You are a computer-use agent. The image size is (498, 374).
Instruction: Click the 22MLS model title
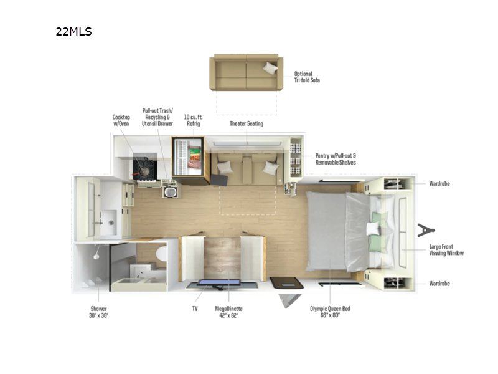coord(73,31)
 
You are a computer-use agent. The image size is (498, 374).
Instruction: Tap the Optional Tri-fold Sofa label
coord(308,77)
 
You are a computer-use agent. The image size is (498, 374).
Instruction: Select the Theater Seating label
coord(247,123)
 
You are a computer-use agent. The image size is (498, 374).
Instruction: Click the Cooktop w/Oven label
coord(121,120)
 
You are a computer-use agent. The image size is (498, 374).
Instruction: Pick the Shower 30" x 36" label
coord(99,312)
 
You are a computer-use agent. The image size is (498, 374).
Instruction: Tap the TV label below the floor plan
coord(194,309)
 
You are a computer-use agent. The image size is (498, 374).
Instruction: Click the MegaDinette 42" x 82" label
coord(229,312)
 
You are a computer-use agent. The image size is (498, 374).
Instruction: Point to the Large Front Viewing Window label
coord(446,250)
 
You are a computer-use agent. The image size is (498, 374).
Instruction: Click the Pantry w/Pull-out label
coord(336,158)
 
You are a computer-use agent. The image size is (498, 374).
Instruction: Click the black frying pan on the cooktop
coord(144,168)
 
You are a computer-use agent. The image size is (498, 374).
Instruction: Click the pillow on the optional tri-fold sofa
coord(270,68)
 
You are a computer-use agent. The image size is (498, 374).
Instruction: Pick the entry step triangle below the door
coord(289,300)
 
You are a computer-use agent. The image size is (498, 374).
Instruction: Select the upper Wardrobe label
coord(439,184)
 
